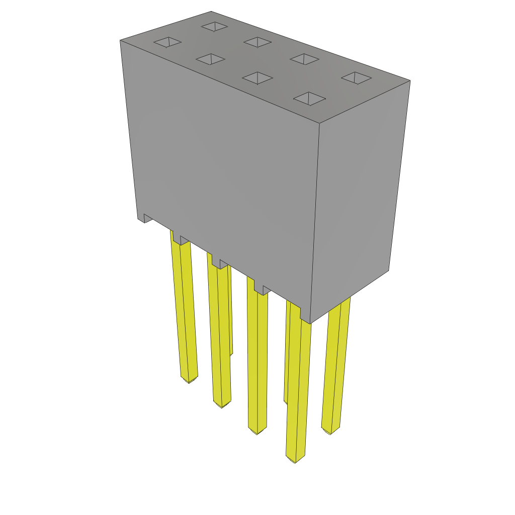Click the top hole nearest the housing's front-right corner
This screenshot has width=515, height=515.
(309, 99)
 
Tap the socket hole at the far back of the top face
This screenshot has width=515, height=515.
(214, 27)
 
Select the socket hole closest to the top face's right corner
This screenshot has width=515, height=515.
(356, 78)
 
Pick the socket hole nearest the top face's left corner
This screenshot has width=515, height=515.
(167, 42)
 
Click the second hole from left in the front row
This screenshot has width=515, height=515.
(211, 59)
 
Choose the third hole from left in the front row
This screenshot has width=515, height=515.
(257, 78)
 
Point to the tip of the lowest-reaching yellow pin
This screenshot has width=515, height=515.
(295, 459)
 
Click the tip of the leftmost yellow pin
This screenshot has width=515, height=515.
(189, 379)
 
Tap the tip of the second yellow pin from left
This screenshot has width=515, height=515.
(222, 404)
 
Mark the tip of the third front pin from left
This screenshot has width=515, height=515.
(257, 431)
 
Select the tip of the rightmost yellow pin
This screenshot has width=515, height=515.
(330, 431)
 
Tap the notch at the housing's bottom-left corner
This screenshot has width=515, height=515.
(147, 218)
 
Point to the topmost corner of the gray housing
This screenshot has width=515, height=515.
(211, 12)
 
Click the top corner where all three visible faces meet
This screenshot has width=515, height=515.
(320, 123)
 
